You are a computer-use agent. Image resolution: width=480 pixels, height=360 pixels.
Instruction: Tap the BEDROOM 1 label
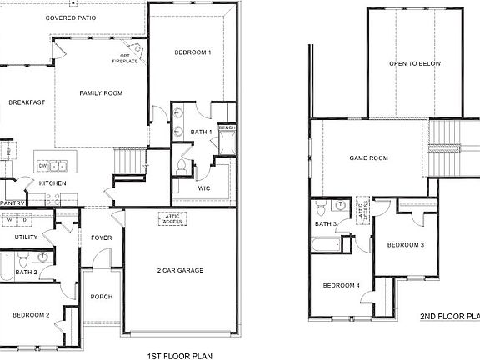coord(192,52)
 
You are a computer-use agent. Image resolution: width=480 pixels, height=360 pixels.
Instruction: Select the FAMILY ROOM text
coord(101,93)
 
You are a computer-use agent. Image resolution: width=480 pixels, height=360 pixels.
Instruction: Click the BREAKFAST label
coord(27,102)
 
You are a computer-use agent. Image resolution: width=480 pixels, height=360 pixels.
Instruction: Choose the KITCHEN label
coord(52,182)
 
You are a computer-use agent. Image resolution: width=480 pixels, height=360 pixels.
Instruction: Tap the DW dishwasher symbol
coord(42,166)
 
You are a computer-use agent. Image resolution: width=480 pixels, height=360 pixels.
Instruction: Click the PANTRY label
coord(12,202)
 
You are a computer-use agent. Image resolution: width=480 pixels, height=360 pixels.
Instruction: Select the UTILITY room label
coord(26,237)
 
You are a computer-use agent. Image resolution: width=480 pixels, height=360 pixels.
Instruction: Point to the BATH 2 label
coord(26,272)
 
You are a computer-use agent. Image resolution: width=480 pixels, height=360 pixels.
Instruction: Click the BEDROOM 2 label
coord(31,314)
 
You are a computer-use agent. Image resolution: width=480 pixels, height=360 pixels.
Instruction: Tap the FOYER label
coord(102,237)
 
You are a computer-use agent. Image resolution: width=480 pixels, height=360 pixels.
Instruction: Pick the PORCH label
coord(102,297)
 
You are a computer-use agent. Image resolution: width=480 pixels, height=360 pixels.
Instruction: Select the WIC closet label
coord(202,188)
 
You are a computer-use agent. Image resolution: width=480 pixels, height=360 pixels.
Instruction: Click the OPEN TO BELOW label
coord(414,63)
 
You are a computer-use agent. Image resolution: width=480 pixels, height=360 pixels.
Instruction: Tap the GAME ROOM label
coord(368,157)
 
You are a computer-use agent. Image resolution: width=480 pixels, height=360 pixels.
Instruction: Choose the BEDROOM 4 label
coord(342,286)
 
